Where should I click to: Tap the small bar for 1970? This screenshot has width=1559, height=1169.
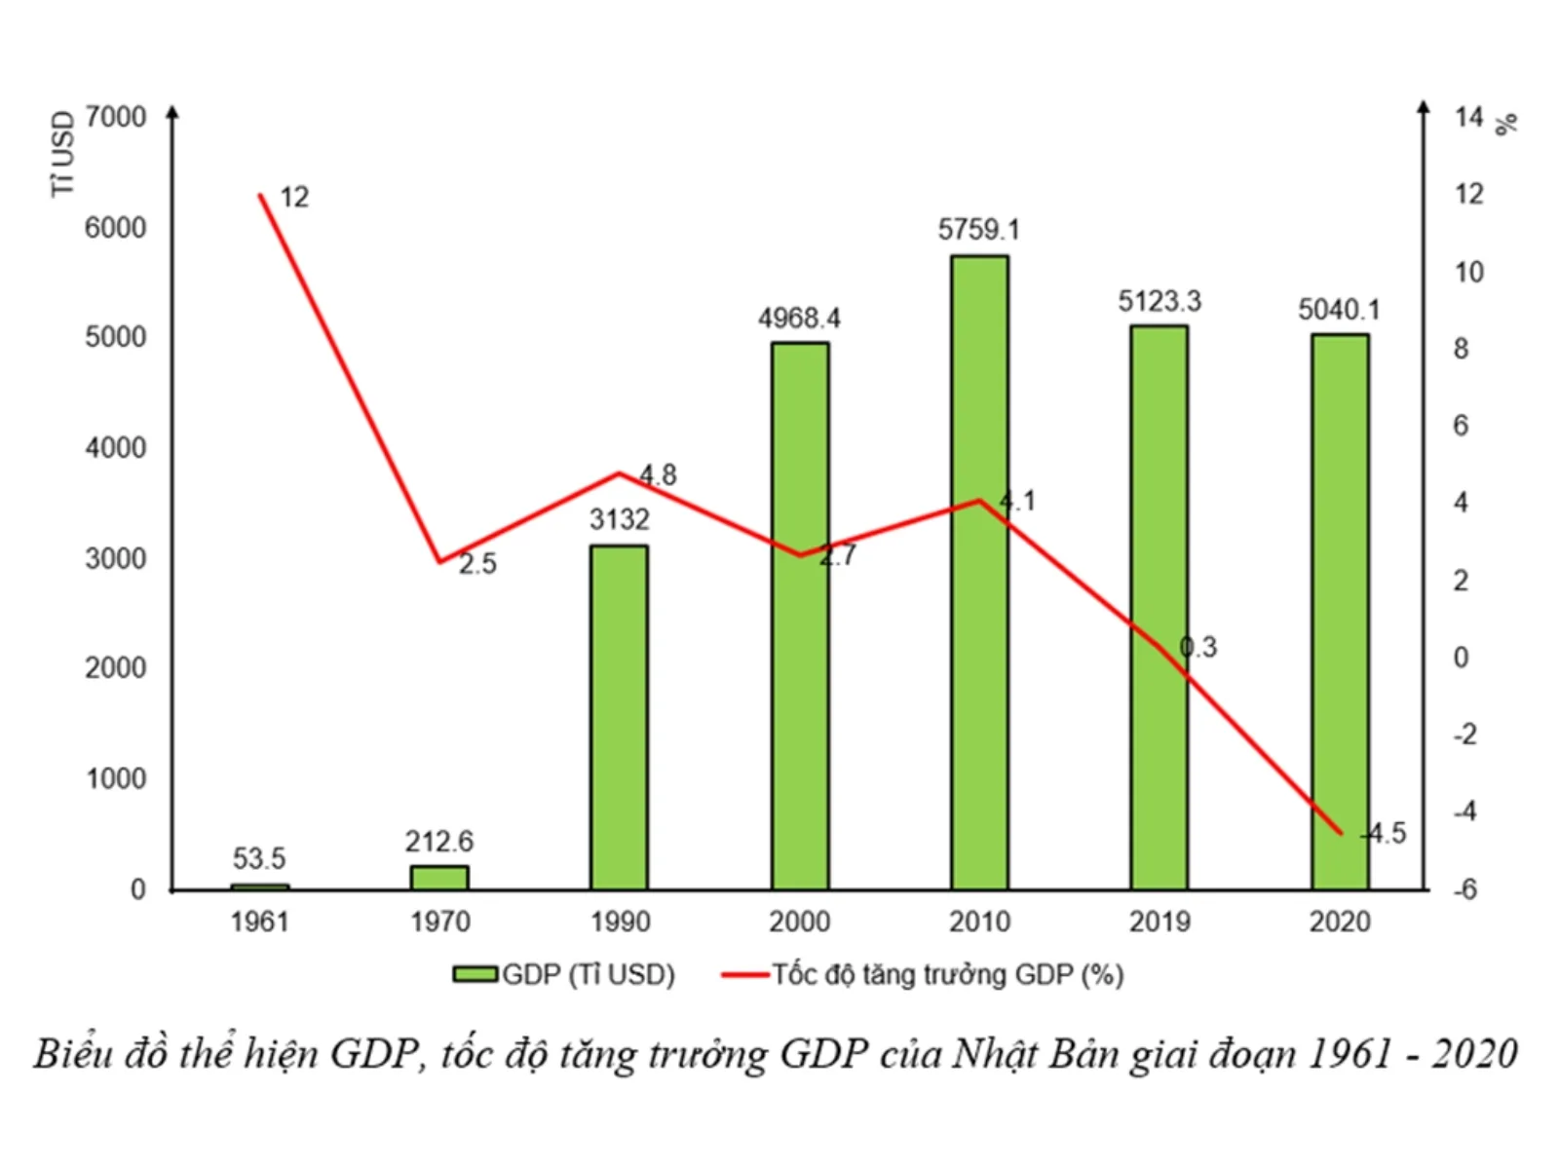click(439, 877)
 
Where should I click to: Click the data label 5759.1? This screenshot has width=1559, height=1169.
click(978, 230)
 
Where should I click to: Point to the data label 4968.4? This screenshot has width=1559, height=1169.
click(799, 319)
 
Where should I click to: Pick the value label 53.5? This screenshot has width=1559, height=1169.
click(259, 859)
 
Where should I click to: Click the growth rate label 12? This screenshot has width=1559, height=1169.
click(294, 198)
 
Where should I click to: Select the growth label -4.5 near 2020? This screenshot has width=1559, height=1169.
click(1384, 834)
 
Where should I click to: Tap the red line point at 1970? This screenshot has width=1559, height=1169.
click(439, 561)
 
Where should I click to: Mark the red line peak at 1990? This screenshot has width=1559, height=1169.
click(620, 474)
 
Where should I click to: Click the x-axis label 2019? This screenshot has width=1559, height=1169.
click(1160, 922)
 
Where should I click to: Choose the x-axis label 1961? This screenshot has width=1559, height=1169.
click(259, 922)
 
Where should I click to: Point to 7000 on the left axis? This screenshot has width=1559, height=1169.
click(115, 118)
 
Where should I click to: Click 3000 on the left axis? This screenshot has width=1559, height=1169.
click(115, 559)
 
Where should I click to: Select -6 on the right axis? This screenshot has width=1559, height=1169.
click(1464, 889)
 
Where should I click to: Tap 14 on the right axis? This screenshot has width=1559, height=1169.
click(1468, 118)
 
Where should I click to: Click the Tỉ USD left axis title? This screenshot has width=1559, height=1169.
click(62, 154)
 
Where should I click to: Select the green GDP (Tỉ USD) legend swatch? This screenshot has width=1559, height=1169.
click(475, 974)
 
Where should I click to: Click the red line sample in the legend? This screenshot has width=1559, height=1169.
click(745, 974)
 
